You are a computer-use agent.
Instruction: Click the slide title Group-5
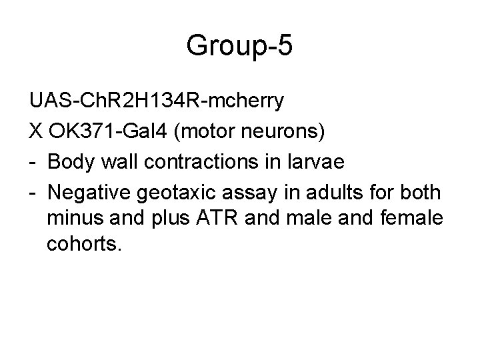click(x=239, y=46)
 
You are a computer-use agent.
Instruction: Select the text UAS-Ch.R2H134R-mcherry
click(x=157, y=101)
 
